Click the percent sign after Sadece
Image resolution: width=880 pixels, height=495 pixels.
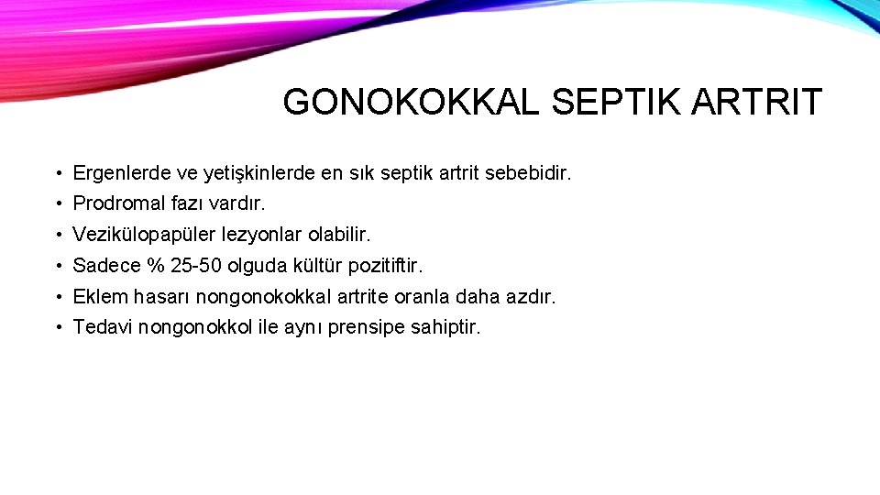point(155,266)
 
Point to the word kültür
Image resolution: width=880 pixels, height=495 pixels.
point(316,266)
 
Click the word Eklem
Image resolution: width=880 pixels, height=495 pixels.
point(98,297)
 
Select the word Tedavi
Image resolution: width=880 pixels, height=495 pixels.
point(103,327)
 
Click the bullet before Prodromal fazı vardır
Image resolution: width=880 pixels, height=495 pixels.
point(57,204)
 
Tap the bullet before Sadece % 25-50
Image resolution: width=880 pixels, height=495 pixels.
point(57,267)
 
